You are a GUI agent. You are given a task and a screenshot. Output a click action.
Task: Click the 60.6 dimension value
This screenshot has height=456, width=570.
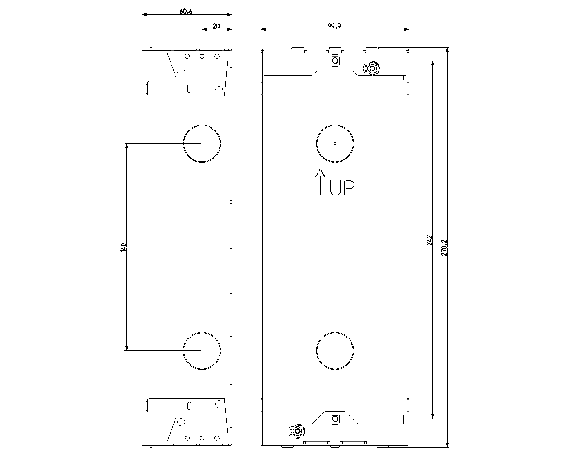186,12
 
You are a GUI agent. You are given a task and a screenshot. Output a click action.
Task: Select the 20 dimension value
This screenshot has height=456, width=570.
216,26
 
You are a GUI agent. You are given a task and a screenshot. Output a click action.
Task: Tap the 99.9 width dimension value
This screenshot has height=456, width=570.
334,26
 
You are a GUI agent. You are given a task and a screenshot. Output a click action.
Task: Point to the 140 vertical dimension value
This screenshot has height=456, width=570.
123,248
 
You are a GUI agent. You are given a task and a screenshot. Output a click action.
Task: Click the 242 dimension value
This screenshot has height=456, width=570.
429,240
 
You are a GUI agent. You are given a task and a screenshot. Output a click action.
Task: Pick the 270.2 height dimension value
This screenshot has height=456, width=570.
444,248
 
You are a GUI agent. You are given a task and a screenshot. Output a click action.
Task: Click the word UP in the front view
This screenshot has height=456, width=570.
342,188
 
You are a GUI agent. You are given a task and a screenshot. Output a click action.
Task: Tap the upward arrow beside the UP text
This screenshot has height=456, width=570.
320,182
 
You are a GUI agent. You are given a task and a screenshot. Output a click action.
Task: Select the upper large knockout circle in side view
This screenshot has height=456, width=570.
202,125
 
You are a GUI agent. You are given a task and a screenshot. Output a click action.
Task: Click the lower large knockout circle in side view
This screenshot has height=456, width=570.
202,332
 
